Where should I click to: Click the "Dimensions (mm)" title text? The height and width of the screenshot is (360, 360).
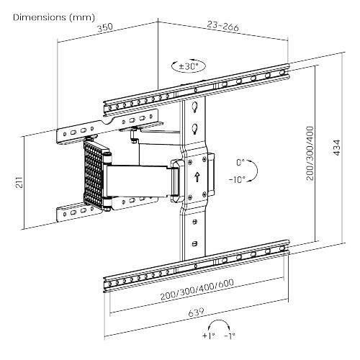click(54, 17)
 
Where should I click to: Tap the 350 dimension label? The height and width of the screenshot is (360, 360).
click(105, 27)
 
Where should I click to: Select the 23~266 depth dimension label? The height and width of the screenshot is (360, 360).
click(223, 26)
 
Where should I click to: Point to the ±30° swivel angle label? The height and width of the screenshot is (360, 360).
click(189, 66)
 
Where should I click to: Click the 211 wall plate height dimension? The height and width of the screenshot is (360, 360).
click(19, 182)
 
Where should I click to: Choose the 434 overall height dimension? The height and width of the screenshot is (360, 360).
click(337, 148)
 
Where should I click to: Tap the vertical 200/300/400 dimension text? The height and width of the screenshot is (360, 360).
click(310, 153)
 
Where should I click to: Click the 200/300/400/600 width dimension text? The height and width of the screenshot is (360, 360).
click(197, 289)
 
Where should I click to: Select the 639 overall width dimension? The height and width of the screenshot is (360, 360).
click(197, 312)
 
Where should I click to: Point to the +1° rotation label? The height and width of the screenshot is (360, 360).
click(208, 336)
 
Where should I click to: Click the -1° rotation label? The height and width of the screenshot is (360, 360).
click(230, 336)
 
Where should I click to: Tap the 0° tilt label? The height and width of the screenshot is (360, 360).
click(240, 163)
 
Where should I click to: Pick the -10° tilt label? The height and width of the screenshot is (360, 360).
click(237, 179)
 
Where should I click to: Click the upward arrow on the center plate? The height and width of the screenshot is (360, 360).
click(197, 177)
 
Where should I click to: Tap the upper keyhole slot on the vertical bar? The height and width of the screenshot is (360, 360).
click(195, 107)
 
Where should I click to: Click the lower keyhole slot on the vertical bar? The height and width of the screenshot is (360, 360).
click(195, 129)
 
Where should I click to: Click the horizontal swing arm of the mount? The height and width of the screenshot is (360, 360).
click(139, 180)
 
